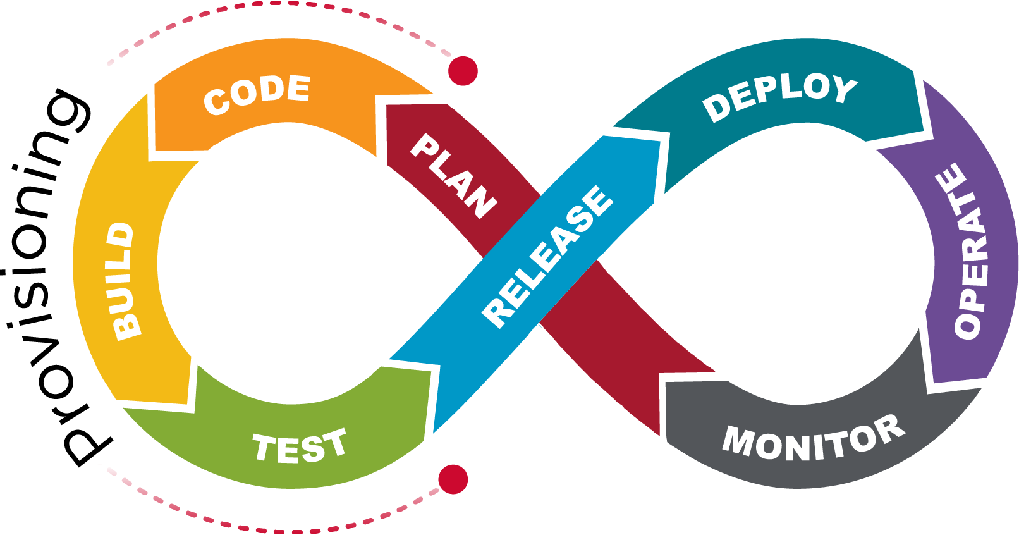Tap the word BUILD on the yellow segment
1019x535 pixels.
(124, 281)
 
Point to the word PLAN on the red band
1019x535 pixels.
(453, 176)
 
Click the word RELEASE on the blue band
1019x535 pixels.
(547, 256)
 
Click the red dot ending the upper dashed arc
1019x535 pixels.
(463, 70)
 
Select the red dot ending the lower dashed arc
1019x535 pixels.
(453, 479)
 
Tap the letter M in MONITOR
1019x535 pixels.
(738, 440)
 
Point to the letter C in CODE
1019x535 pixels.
(217, 102)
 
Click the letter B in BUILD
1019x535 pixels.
(126, 326)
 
